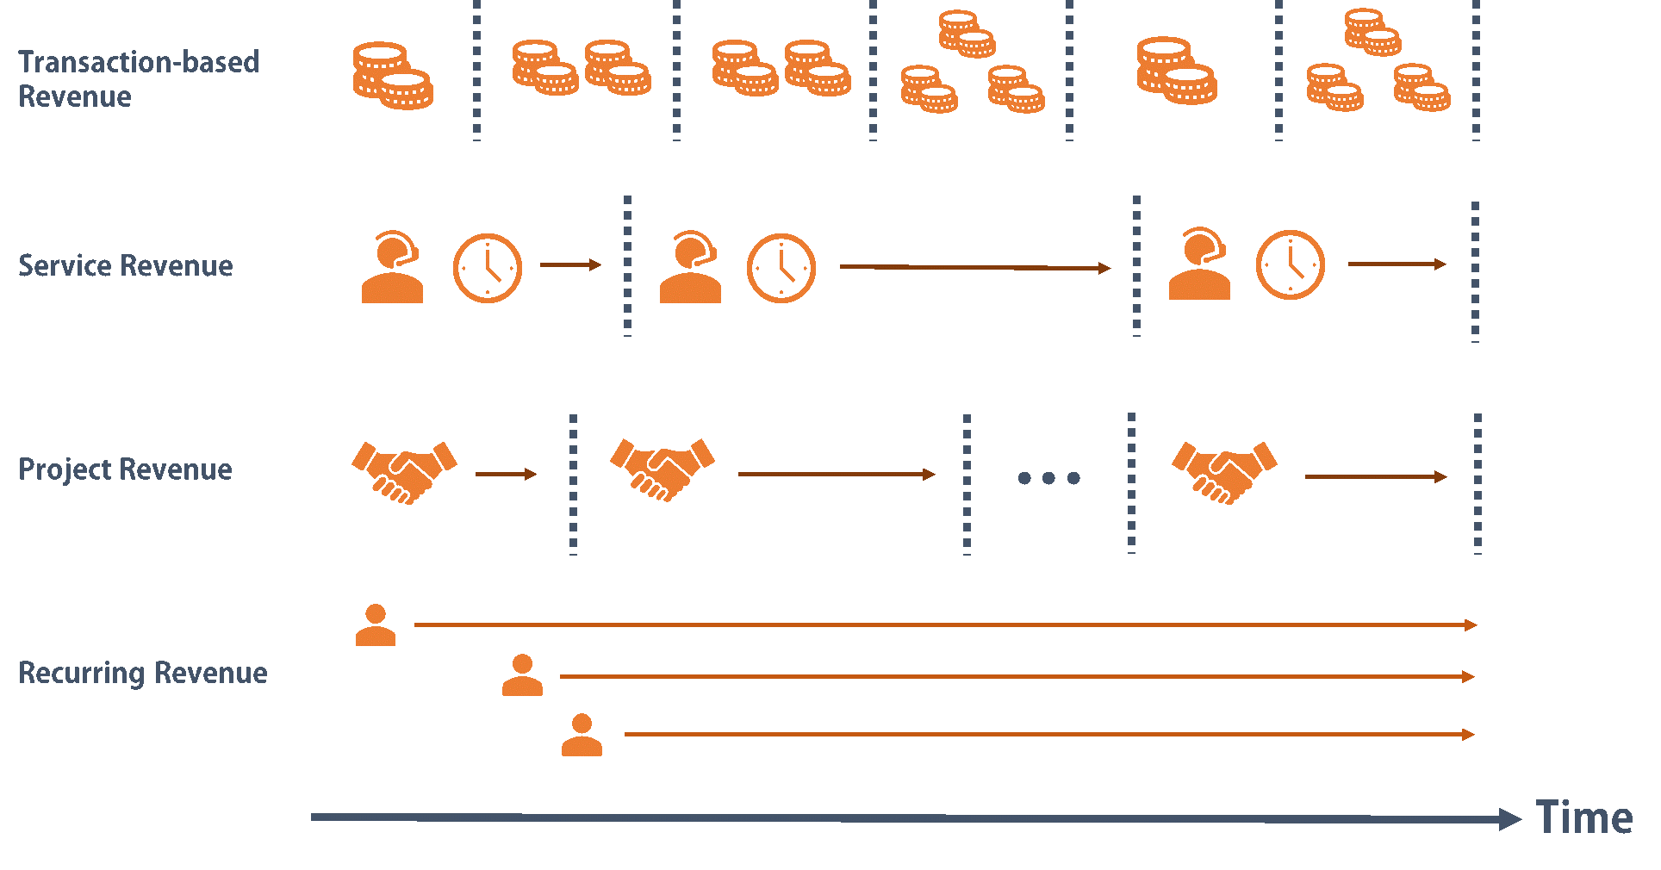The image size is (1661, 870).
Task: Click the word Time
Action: [x=1583, y=817]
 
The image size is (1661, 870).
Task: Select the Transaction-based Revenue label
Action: [x=139, y=79]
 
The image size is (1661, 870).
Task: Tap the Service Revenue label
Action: [x=126, y=265]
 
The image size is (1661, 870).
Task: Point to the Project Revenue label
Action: [x=125, y=469]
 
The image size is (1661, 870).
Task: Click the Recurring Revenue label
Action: [x=143, y=673]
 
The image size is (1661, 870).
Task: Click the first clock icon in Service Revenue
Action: [x=488, y=268]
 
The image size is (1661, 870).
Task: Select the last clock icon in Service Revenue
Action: [x=1290, y=264]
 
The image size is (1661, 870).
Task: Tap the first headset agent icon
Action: [x=393, y=267]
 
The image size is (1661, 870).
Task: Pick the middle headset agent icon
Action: [x=690, y=267]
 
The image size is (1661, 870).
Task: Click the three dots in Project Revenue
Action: [x=1048, y=477]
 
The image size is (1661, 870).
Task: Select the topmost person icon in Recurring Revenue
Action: [x=376, y=625]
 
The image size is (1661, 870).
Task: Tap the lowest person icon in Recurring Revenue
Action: [x=582, y=735]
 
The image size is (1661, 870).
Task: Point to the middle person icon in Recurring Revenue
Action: [x=522, y=675]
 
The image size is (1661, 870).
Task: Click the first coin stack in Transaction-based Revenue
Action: [x=393, y=76]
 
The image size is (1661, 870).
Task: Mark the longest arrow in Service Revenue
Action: [x=974, y=268]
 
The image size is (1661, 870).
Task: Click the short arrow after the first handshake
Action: [x=506, y=474]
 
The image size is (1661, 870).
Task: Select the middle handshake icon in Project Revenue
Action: [x=663, y=469]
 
